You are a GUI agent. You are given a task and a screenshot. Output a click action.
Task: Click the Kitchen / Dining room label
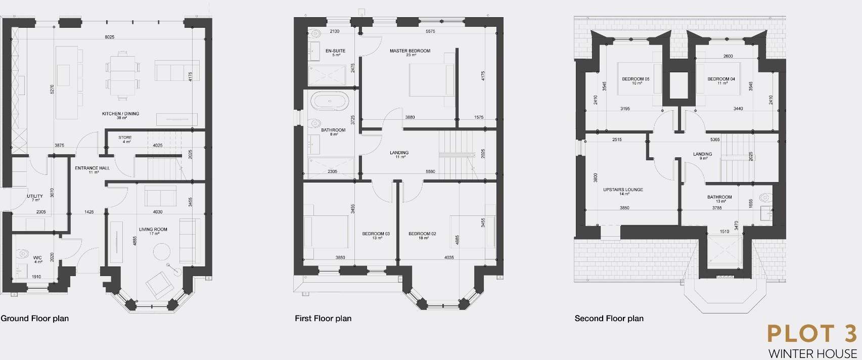[120, 114]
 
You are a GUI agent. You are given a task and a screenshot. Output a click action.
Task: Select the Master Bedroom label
[410, 51]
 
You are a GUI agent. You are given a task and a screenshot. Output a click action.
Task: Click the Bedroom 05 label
[636, 79]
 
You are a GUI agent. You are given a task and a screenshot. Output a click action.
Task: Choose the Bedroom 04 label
[721, 79]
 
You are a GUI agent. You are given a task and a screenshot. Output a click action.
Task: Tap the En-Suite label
[335, 51]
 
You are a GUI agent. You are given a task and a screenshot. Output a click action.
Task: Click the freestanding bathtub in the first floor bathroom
[329, 101]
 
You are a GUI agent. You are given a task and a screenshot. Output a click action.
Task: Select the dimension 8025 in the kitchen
[110, 37]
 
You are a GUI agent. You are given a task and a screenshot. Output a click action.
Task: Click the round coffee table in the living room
[162, 251]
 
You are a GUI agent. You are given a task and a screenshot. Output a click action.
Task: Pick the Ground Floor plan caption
[34, 319]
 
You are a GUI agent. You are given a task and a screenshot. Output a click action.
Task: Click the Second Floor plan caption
[609, 319]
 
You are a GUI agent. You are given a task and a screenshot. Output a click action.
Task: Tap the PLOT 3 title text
[812, 334]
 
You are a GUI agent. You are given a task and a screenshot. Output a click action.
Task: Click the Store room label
[125, 138]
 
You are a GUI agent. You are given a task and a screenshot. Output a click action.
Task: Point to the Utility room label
[35, 196]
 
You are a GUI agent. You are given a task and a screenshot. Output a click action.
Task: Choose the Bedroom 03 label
[376, 234]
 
